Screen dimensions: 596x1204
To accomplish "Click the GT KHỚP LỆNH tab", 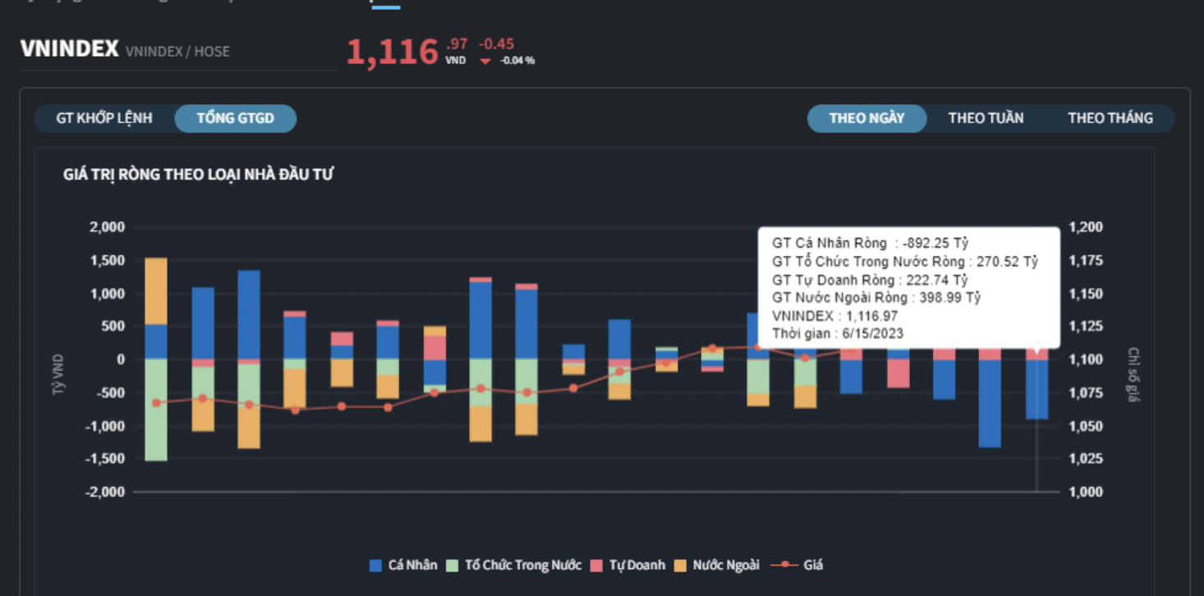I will (104, 118).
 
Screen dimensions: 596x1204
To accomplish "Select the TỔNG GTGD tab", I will (236, 118).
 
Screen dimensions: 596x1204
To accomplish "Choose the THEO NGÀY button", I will (866, 118).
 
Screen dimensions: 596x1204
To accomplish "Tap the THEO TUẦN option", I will (986, 118).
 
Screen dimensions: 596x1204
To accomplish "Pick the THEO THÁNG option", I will (1110, 118).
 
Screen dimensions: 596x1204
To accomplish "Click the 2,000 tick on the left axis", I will (108, 227).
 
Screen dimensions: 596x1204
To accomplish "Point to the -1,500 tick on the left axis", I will (105, 459).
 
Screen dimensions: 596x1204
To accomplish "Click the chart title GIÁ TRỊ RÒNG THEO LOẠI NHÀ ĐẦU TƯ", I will (198, 174).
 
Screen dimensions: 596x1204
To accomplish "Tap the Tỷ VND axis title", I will (58, 375).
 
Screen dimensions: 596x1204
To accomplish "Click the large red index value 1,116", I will (393, 53).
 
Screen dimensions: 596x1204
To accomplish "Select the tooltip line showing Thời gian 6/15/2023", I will (838, 333).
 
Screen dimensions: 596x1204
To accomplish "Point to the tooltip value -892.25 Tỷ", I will (935, 243).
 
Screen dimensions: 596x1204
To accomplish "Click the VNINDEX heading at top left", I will (70, 48).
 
